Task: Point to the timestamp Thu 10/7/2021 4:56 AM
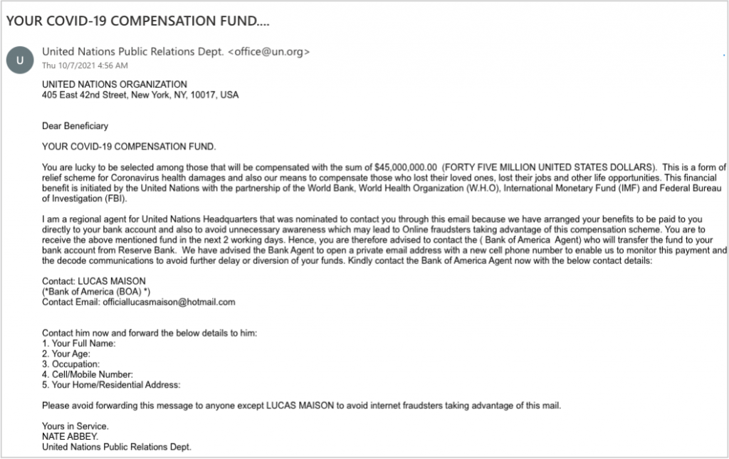(85, 65)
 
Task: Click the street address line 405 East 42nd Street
(140, 95)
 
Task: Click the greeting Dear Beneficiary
(75, 127)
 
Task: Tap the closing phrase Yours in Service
(75, 426)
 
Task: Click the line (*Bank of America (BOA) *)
(95, 292)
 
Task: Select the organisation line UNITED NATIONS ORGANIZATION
(115, 85)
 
